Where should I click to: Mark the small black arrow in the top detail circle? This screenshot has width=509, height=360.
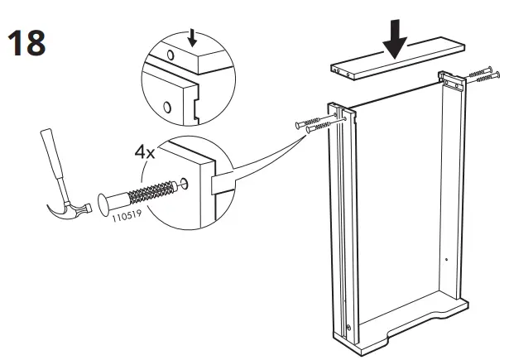point(192,36)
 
